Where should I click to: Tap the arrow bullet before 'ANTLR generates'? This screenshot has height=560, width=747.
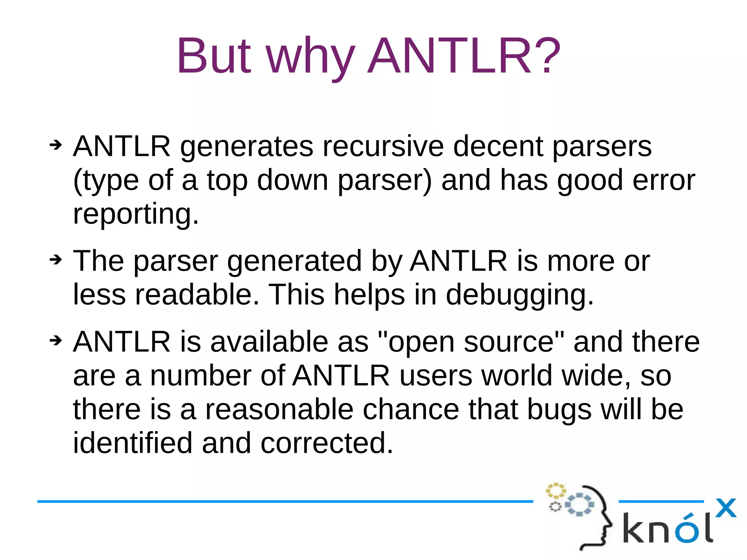click(x=56, y=145)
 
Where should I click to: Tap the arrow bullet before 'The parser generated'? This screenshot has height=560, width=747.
click(x=56, y=260)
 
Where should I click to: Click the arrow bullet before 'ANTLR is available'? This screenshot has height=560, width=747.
click(x=56, y=341)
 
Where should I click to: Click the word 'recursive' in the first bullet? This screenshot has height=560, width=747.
click(x=383, y=147)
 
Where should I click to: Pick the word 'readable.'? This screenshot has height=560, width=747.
click(x=197, y=294)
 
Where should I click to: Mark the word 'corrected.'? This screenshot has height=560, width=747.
click(x=327, y=443)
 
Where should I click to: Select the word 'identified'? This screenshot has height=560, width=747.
click(x=132, y=443)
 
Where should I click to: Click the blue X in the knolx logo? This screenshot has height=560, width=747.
click(x=725, y=508)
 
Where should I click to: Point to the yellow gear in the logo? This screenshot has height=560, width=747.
click(x=556, y=491)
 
